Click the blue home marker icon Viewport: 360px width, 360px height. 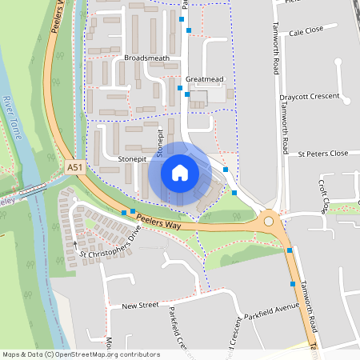[x=180, y=173]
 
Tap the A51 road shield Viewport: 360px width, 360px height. [x=75, y=167]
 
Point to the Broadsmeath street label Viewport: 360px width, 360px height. [x=147, y=58]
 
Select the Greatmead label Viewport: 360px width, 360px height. [x=203, y=79]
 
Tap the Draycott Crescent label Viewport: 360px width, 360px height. [x=315, y=97]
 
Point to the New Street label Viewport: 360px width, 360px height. [x=140, y=306]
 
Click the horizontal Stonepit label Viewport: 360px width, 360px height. [x=133, y=159]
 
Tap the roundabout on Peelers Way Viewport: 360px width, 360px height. [x=269, y=222]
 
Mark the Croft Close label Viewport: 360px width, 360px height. [x=324, y=197]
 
